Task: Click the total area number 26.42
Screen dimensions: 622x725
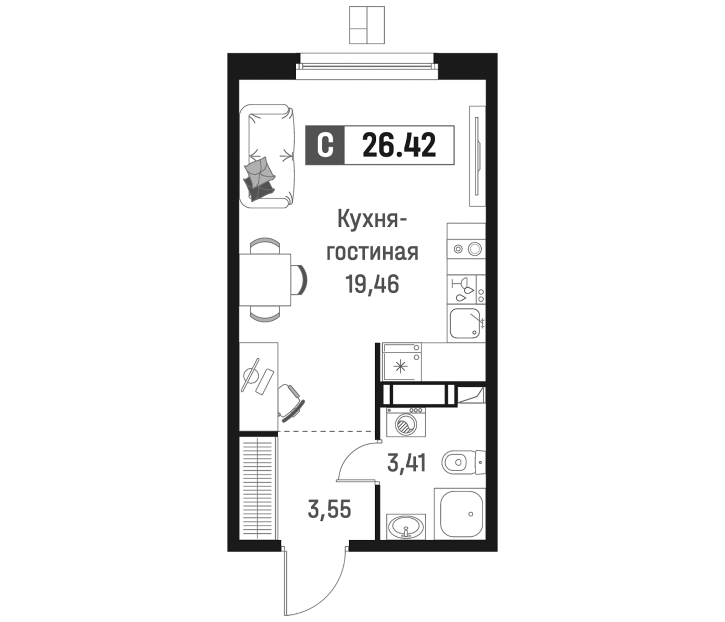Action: coord(399,145)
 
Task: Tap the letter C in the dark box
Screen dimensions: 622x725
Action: coord(325,145)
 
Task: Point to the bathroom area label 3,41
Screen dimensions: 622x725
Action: coord(407,463)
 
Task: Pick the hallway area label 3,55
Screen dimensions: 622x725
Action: coord(329,509)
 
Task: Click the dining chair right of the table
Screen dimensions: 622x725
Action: coord(300,280)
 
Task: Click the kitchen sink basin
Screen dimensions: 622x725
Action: coord(464,323)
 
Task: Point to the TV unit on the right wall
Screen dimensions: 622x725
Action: coord(477,156)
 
